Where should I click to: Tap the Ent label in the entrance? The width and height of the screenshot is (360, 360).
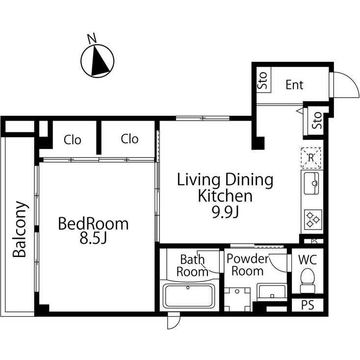coord(294,85)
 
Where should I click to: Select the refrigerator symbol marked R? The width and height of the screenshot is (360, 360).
coord(310,157)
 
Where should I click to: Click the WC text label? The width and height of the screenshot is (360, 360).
coord(308,259)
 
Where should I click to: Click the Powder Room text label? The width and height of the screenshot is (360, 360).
coord(248,265)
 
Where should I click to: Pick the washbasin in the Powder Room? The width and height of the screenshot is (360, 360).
coord(272,293)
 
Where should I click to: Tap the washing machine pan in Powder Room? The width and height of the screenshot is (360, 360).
coord(237,297)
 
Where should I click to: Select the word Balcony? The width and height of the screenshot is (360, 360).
coord(20,229)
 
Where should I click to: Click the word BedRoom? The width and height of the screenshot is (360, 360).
coord(93,224)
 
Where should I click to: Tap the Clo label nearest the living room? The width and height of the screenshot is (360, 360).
coord(129,139)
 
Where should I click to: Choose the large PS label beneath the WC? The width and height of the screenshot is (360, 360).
coord(307,305)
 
